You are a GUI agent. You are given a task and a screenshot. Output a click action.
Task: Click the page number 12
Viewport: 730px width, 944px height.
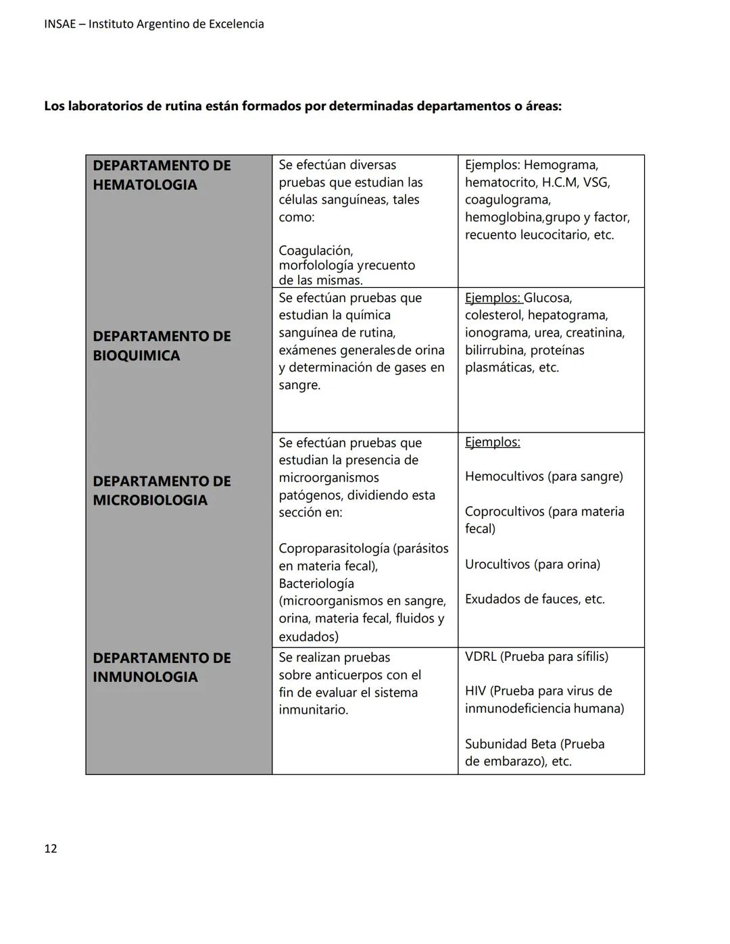pyautogui.click(x=51, y=849)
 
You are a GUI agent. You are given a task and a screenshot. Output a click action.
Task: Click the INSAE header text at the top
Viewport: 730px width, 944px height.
pyautogui.click(x=154, y=24)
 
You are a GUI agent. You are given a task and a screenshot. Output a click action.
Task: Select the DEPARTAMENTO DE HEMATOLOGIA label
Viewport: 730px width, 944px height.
pyautogui.click(x=162, y=175)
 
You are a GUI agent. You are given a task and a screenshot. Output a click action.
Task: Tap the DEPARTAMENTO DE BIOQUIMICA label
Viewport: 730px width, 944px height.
pyautogui.click(x=162, y=346)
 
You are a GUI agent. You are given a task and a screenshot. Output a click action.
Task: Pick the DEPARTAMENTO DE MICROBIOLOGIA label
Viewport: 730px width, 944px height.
pyautogui.click(x=162, y=491)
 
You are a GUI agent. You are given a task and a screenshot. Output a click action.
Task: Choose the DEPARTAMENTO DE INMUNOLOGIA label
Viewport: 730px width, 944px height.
pyautogui.click(x=162, y=667)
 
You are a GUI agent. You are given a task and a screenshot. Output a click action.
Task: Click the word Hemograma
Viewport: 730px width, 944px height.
pyautogui.click(x=560, y=165)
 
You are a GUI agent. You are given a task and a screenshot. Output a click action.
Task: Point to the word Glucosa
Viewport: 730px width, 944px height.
pyautogui.click(x=547, y=298)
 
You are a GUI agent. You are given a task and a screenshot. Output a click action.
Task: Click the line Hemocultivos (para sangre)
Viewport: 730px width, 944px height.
pyautogui.click(x=543, y=476)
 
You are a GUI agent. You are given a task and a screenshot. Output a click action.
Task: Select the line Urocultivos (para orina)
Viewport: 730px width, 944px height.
pyautogui.click(x=532, y=564)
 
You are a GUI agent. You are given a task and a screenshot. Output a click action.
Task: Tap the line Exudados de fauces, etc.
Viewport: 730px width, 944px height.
pyautogui.click(x=534, y=599)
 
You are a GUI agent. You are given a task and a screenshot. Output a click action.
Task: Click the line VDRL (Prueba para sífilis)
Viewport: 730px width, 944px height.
pyautogui.click(x=536, y=657)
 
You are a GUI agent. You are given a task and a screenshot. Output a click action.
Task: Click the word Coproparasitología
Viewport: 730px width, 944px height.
pyautogui.click(x=333, y=548)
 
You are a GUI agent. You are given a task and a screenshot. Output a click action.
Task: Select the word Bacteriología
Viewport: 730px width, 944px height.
pyautogui.click(x=316, y=583)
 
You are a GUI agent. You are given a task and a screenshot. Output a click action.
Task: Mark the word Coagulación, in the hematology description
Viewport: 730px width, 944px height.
pyautogui.click(x=316, y=251)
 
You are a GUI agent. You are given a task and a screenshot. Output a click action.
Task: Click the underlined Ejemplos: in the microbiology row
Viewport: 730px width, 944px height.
pyautogui.click(x=492, y=442)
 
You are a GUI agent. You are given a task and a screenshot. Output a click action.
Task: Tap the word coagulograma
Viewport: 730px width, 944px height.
pyautogui.click(x=507, y=200)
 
